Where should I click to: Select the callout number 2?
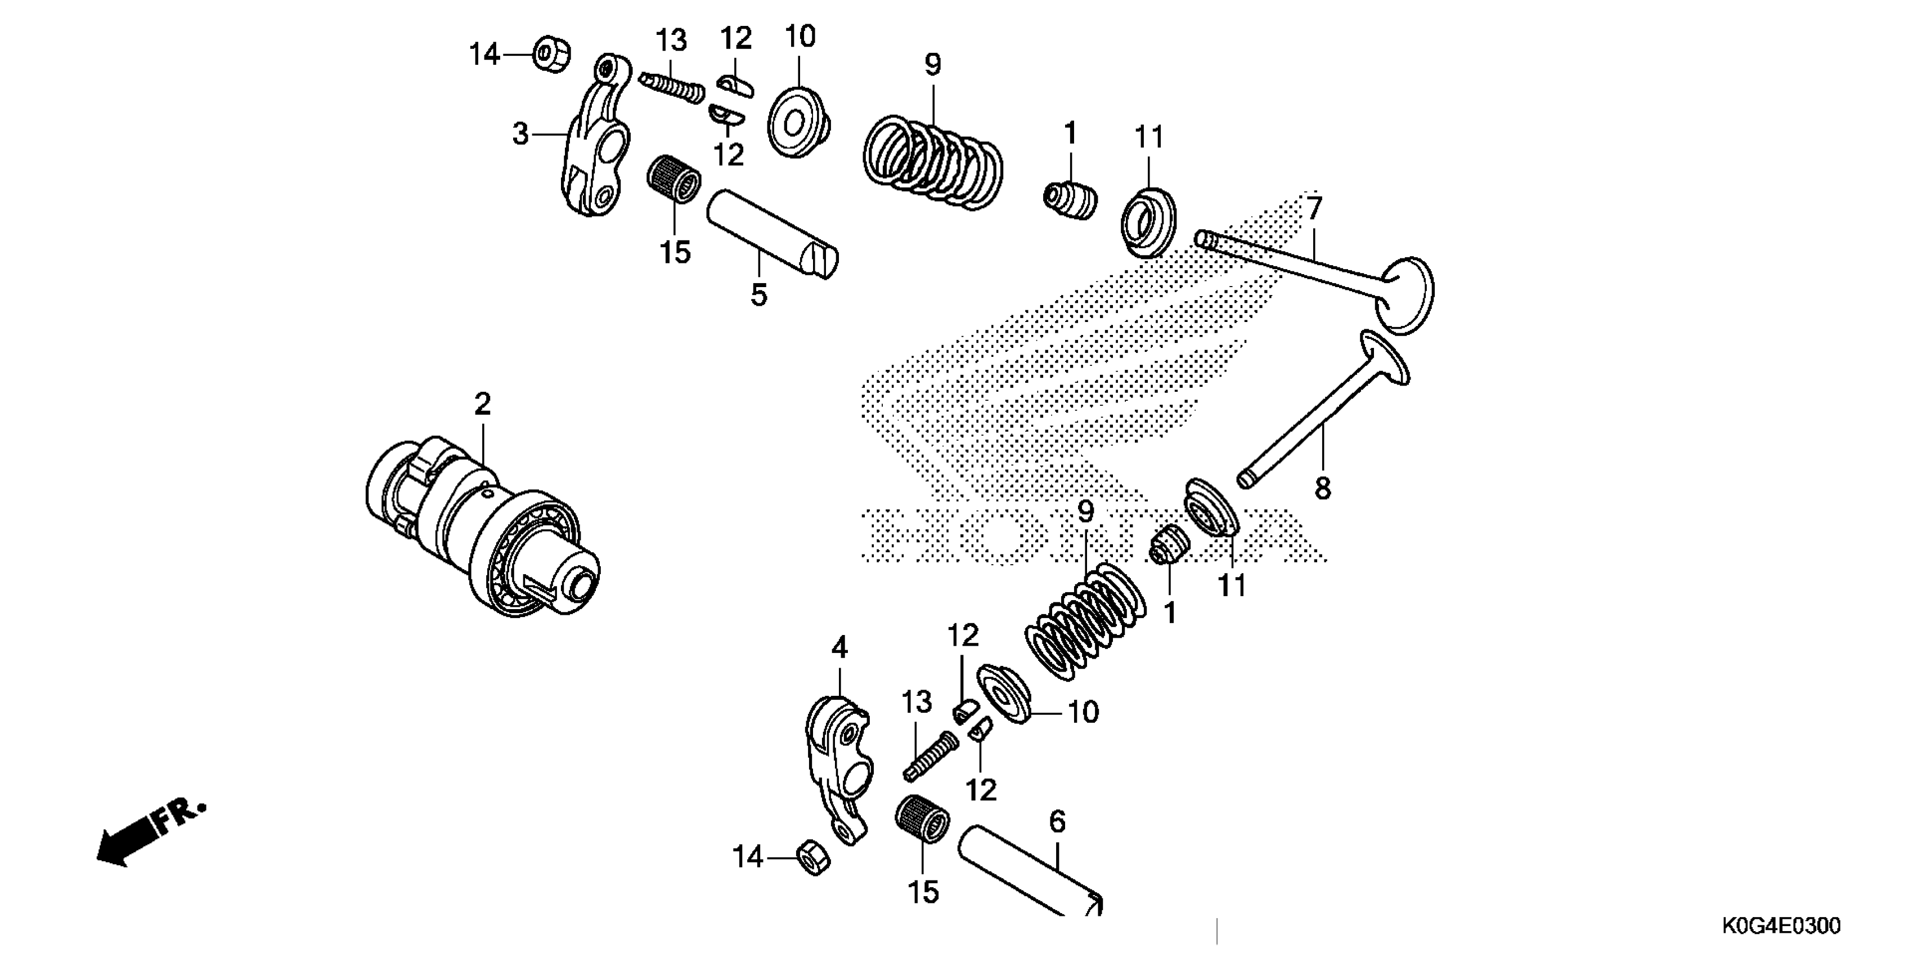click(x=483, y=404)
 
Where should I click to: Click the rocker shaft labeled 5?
click(x=773, y=234)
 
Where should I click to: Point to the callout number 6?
click(x=1057, y=822)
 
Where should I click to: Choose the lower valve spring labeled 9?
click(x=1084, y=620)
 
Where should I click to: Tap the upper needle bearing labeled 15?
click(x=674, y=177)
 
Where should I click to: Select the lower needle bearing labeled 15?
click(x=922, y=827)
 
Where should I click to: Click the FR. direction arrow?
click(x=149, y=832)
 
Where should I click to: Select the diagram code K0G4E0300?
click(x=1781, y=926)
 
